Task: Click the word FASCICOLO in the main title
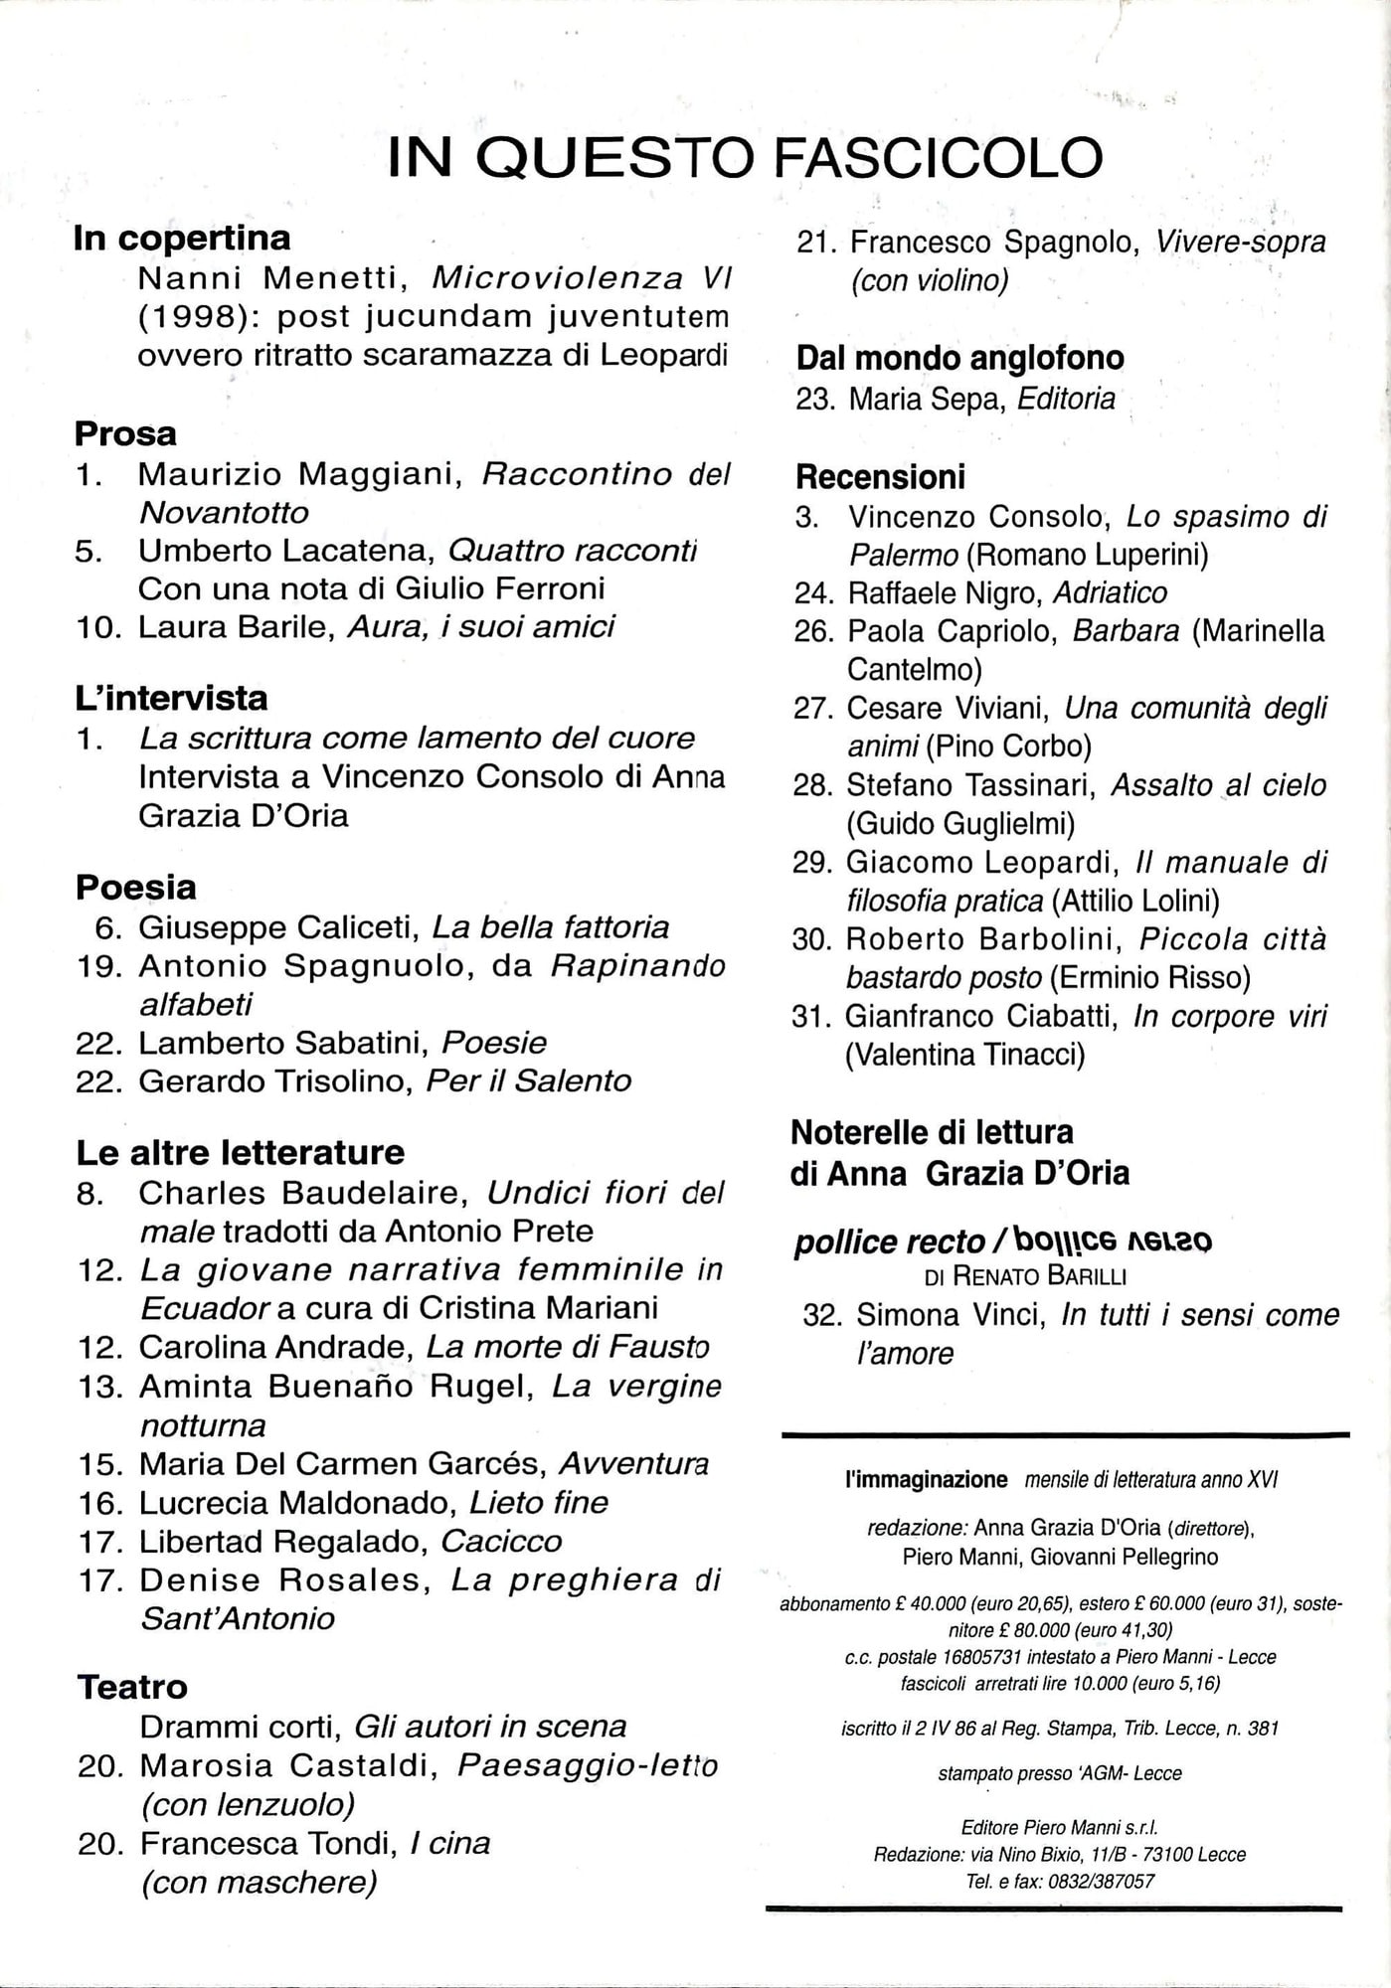[x=938, y=157]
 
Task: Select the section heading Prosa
[x=125, y=433]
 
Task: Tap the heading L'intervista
[x=171, y=698]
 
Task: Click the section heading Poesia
[x=136, y=887]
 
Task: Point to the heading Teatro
[x=132, y=1687]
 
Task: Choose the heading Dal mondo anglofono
[x=959, y=358]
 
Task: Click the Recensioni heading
[x=880, y=476]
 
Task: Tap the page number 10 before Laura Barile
[x=97, y=627]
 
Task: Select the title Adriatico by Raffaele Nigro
[x=1109, y=592]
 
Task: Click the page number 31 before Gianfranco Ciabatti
[x=812, y=1016]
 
